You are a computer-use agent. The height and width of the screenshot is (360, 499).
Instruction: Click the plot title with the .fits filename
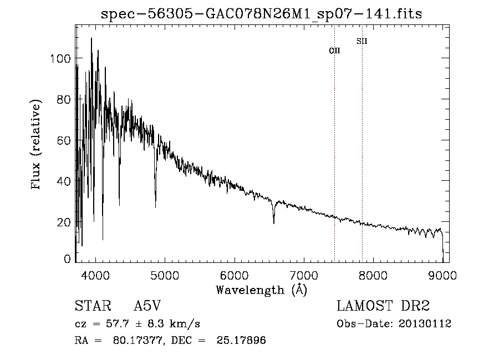(x=262, y=14)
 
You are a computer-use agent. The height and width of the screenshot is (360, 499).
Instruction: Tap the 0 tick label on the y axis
(x=67, y=259)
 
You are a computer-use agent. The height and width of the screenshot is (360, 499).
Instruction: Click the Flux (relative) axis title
(x=37, y=145)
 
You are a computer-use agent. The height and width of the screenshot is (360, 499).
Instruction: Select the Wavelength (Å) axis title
(x=261, y=289)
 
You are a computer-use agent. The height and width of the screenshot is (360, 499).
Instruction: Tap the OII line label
(x=334, y=50)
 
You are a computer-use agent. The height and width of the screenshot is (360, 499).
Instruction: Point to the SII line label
(x=362, y=41)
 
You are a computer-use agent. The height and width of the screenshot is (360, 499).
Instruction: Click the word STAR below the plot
(x=92, y=306)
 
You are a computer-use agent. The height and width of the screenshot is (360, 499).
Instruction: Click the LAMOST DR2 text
(x=383, y=306)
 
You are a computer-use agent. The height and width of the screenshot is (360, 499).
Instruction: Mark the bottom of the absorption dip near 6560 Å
(x=273, y=223)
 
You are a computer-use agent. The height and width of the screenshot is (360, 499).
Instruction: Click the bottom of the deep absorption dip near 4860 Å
(x=155, y=207)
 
